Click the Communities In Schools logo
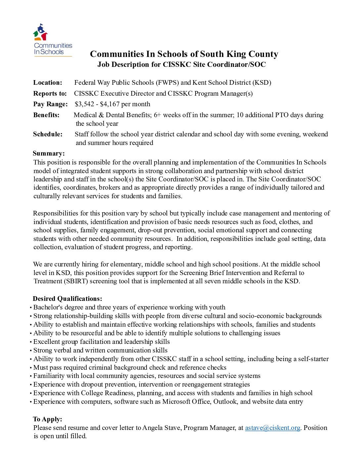coord(53,40)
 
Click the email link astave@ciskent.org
coord(272,428)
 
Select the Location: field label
coord(48,83)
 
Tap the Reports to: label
coord(50,93)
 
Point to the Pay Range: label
coord(50,104)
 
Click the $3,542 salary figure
coord(84,104)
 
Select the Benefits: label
coord(46,115)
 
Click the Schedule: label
coord(48,134)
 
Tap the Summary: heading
coord(49,153)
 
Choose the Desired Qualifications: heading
coord(67,299)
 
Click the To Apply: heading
coord(48,419)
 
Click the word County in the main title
coord(263,54)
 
